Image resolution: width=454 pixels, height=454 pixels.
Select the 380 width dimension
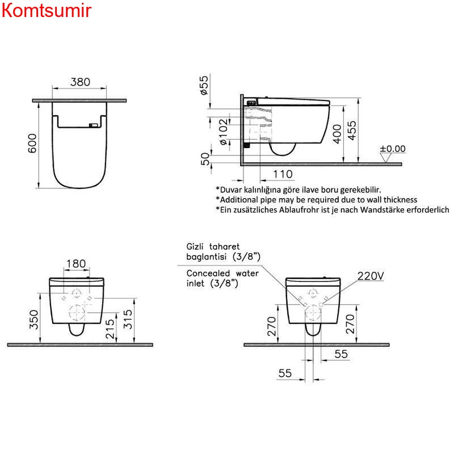80,82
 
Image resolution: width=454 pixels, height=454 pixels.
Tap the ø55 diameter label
205,85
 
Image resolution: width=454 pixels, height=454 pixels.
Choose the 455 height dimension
352,131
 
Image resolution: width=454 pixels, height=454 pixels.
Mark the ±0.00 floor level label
393,149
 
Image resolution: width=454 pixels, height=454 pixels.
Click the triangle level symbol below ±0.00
386,158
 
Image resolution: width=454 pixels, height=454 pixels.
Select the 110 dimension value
282,174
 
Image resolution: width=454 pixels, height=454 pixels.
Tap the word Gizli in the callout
198,247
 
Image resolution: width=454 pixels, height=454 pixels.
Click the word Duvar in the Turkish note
232,190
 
